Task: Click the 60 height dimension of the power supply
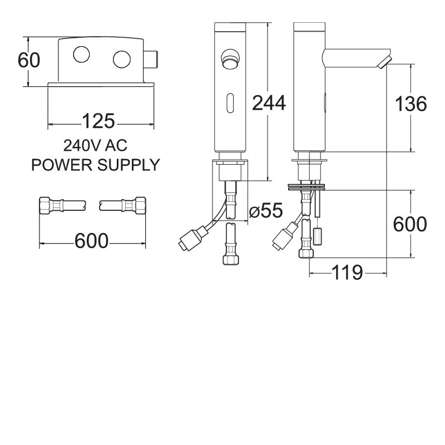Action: tap(29, 60)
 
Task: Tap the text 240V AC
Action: tap(95, 146)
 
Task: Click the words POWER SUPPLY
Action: tap(95, 165)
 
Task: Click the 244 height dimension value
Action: tap(269, 102)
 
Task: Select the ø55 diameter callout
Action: tap(266, 211)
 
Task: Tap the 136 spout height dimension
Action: tap(411, 104)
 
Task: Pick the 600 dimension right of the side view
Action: tap(411, 224)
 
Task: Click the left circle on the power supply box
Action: tap(81, 55)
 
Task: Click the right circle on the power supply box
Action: tap(121, 58)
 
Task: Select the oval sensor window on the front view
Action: tap(229, 101)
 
